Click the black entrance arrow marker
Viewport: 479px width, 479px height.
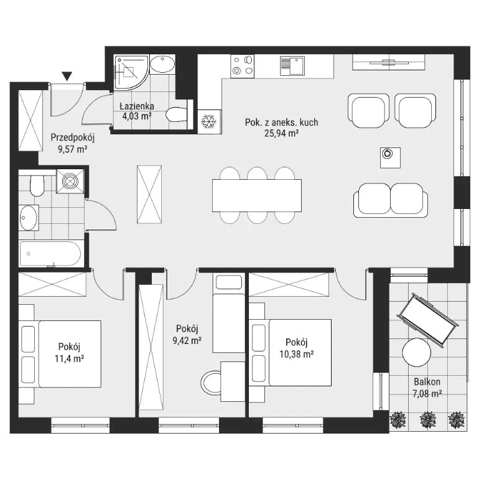click(x=67, y=76)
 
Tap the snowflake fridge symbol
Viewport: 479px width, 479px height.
click(x=208, y=121)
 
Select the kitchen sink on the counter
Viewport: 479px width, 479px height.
click(x=292, y=66)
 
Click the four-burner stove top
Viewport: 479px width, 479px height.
click(x=243, y=66)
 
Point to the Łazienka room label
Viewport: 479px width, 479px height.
click(x=137, y=106)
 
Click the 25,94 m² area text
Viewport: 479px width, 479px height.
click(x=281, y=133)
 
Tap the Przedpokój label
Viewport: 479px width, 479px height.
click(x=73, y=137)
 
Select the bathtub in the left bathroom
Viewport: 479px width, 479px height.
click(x=51, y=254)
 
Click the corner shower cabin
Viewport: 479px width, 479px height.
click(x=131, y=72)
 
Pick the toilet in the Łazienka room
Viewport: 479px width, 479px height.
click(x=177, y=114)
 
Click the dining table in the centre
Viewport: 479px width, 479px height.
click(x=257, y=195)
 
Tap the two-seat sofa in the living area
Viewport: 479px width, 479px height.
click(x=391, y=200)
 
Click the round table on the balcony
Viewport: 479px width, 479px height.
click(x=416, y=353)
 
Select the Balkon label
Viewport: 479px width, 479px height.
click(x=427, y=381)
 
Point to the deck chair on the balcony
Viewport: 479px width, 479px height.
click(x=427, y=319)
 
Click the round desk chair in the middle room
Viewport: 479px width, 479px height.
click(x=211, y=383)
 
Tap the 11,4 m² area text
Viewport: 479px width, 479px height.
click(x=69, y=358)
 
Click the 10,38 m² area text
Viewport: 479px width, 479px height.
click(x=297, y=354)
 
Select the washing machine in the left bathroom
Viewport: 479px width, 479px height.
click(x=70, y=181)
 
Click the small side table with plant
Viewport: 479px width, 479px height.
click(x=390, y=157)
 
